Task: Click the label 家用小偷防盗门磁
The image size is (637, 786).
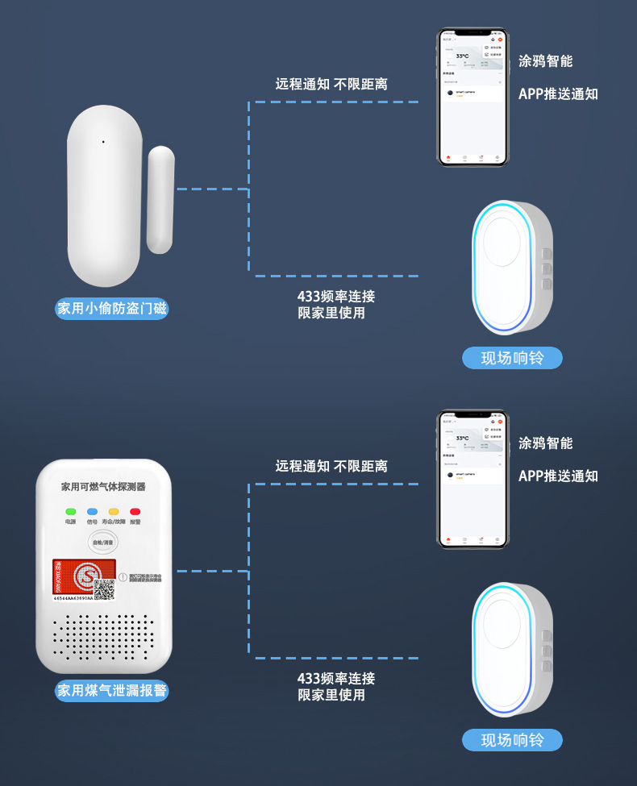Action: pyautogui.click(x=112, y=308)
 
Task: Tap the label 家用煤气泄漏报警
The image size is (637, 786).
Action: pyautogui.click(x=112, y=690)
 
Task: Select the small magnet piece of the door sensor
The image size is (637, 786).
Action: pyautogui.click(x=160, y=199)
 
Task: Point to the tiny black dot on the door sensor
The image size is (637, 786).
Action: pyautogui.click(x=103, y=143)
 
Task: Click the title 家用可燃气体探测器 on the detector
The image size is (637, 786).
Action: pyautogui.click(x=103, y=487)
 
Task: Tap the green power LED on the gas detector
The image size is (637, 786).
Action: pyautogui.click(x=71, y=511)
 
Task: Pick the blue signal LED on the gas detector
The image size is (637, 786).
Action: pyautogui.click(x=92, y=511)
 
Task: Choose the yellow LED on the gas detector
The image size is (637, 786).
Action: pyautogui.click(x=114, y=511)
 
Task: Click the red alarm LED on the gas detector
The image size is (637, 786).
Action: pyautogui.click(x=135, y=511)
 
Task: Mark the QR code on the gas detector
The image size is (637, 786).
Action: pyautogui.click(x=105, y=587)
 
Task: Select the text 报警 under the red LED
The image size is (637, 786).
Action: pyautogui.click(x=135, y=522)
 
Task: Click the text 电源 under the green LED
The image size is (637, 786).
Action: pyautogui.click(x=71, y=522)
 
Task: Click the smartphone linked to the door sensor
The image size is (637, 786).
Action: pyautogui.click(x=473, y=98)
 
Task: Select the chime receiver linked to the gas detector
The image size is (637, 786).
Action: pyautogui.click(x=511, y=649)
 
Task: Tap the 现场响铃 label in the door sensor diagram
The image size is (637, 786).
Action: pyautogui.click(x=512, y=358)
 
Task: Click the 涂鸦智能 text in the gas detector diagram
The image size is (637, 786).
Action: pyautogui.click(x=546, y=443)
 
